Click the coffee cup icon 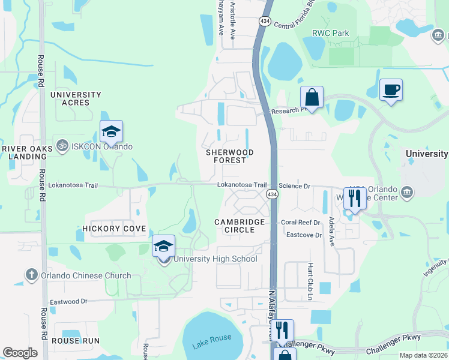[x=391, y=90]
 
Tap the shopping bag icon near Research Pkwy [x=312, y=97]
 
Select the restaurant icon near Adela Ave [x=355, y=198]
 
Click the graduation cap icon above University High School [x=163, y=245]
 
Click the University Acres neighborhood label [x=76, y=99]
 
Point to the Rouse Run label [x=75, y=341]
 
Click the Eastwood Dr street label [x=68, y=301]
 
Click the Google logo [x=20, y=353]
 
